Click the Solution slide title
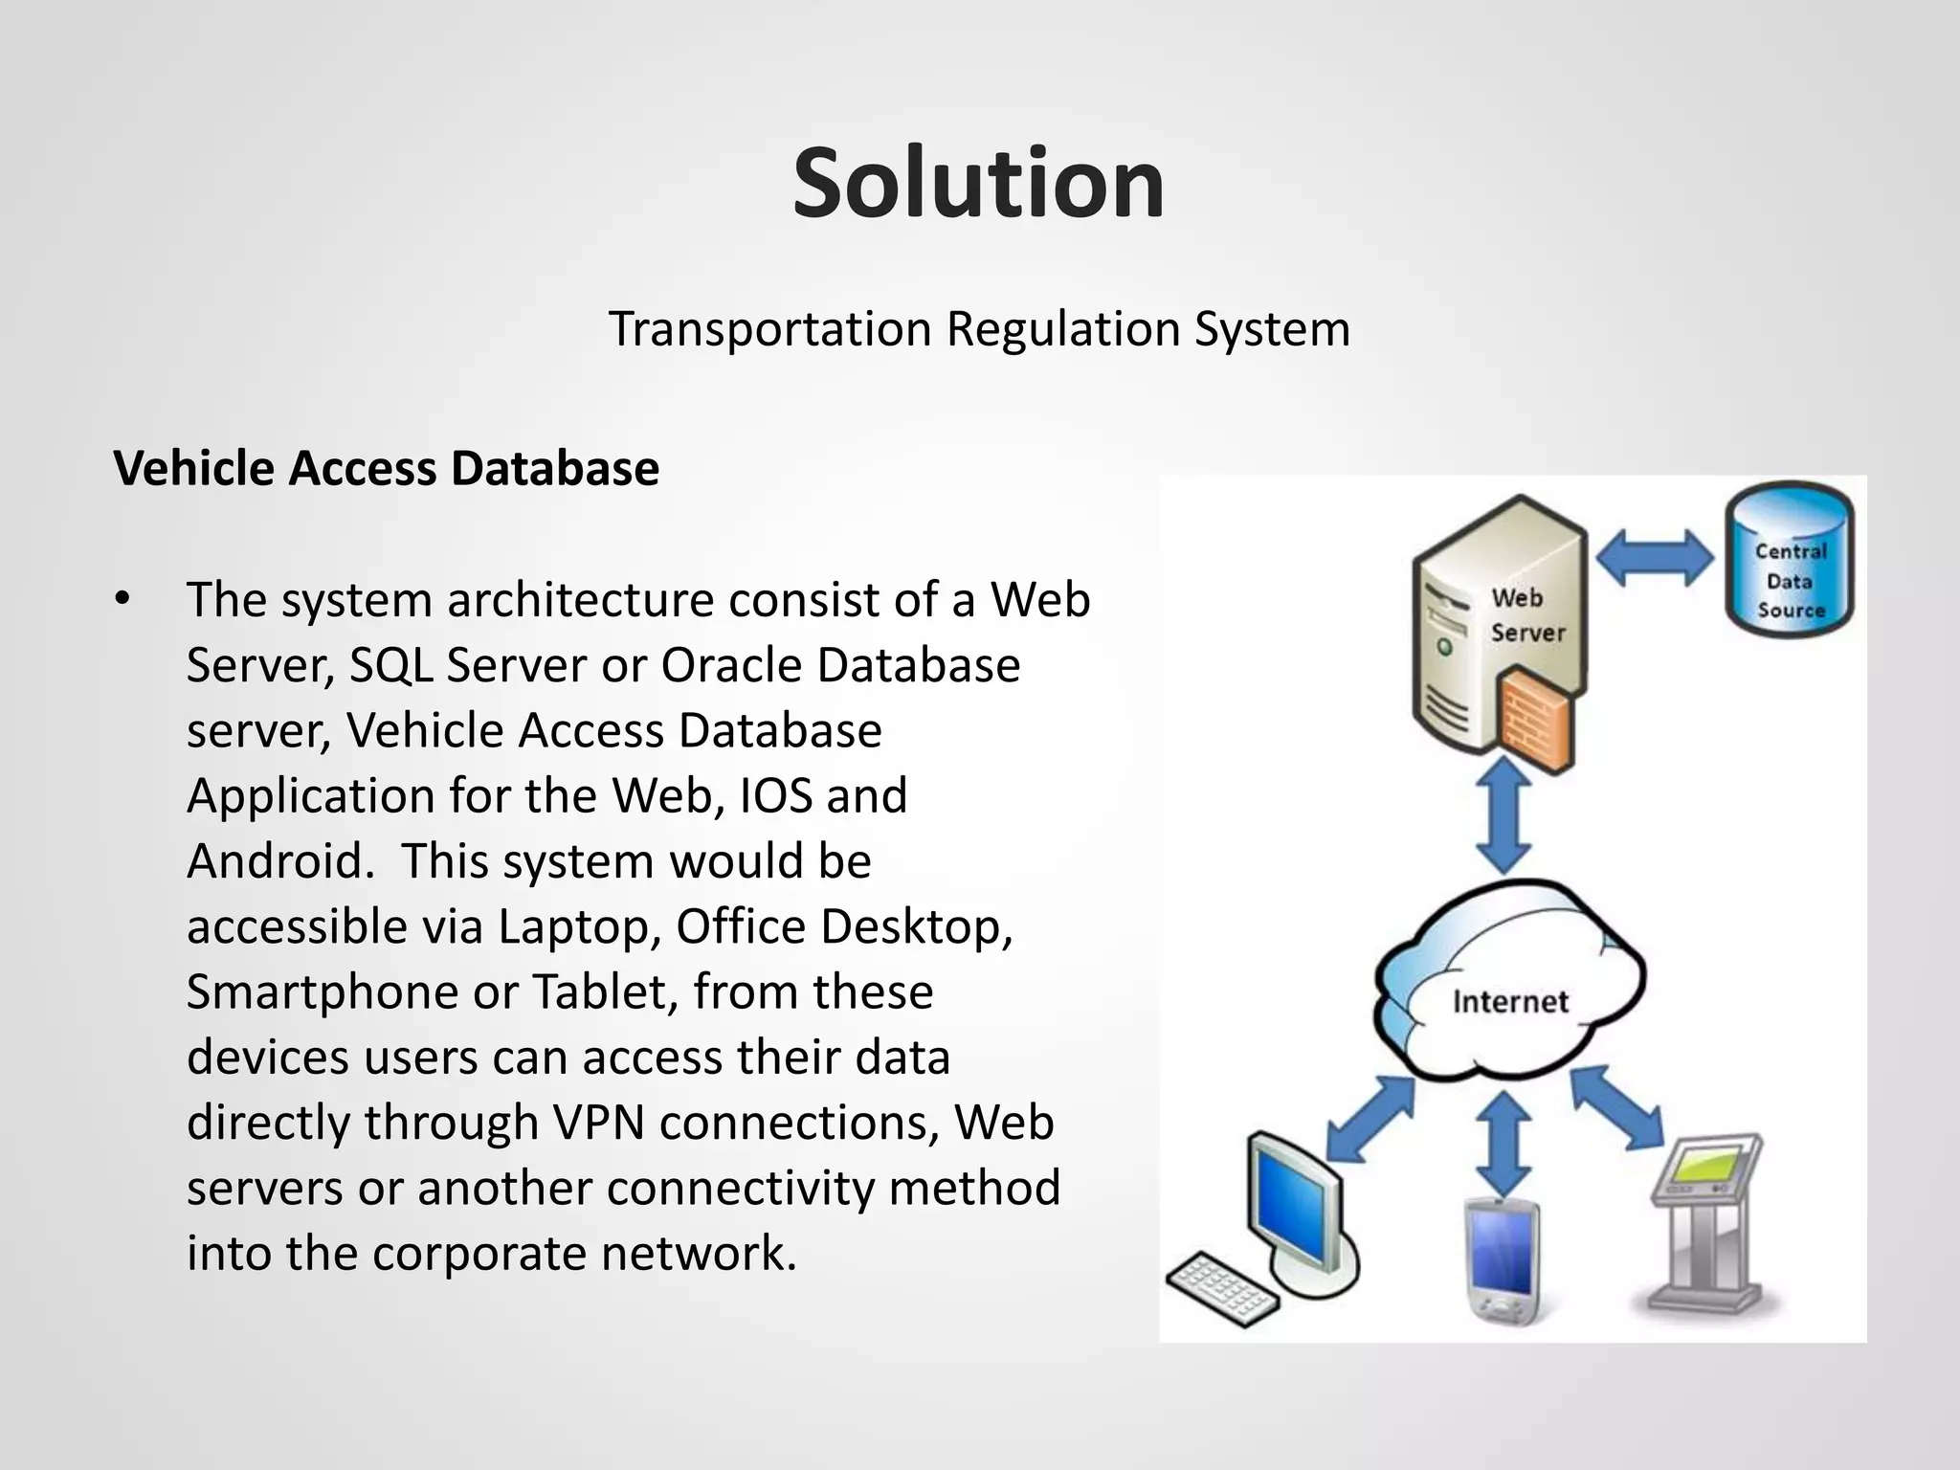click(978, 184)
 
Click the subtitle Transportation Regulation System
click(979, 329)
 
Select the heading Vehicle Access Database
click(386, 469)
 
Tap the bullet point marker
click(121, 601)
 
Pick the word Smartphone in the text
click(322, 991)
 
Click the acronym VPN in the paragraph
click(598, 1123)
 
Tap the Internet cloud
click(1509, 986)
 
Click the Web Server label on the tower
click(1526, 615)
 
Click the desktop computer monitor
click(1292, 1201)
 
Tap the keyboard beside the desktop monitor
click(1222, 1287)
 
